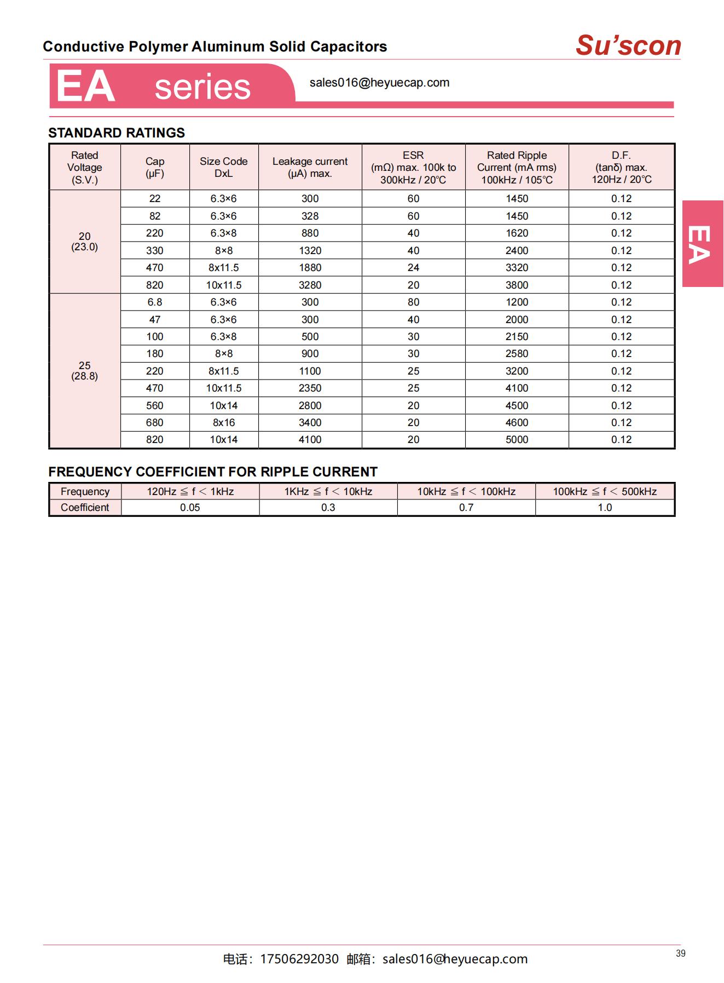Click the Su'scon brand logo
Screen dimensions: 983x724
click(628, 45)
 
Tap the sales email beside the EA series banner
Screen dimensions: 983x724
click(379, 83)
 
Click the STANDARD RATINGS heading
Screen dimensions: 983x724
click(117, 133)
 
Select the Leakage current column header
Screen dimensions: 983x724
click(310, 167)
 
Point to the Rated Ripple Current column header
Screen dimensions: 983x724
click(517, 167)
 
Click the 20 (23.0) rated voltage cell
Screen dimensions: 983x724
click(85, 242)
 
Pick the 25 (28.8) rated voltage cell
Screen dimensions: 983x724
click(85, 371)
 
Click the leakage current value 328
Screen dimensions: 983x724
click(310, 216)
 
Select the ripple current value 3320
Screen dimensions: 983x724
click(517, 267)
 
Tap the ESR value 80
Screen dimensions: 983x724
click(413, 302)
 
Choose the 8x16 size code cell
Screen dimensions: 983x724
click(223, 422)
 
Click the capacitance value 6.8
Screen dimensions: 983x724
click(155, 302)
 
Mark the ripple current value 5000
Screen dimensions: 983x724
click(517, 439)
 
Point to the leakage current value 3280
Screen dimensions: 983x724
click(310, 285)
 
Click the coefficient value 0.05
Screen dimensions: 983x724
click(190, 507)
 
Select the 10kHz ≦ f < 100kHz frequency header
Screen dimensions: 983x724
click(466, 491)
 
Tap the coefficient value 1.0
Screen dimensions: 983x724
click(605, 507)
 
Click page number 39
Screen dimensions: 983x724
click(680, 953)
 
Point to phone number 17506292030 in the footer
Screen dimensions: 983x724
click(299, 959)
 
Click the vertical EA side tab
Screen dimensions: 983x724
click(702, 244)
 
